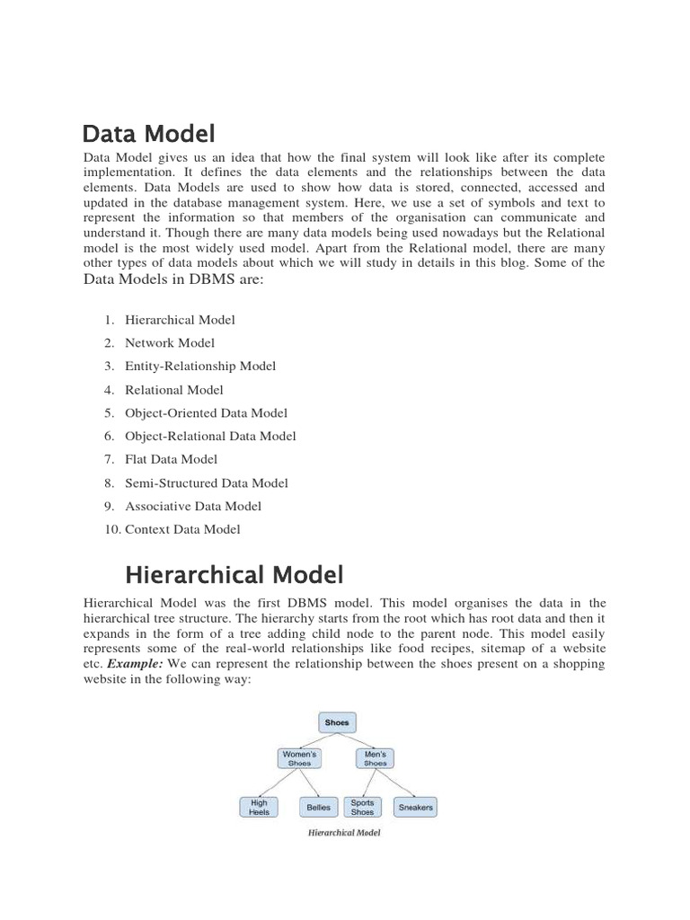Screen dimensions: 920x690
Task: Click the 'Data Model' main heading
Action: (x=148, y=135)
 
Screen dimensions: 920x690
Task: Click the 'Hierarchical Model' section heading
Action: (x=234, y=574)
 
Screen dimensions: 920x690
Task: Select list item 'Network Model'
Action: (x=170, y=342)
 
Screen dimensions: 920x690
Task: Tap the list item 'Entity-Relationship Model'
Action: (x=200, y=366)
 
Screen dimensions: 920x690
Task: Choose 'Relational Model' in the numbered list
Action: (x=174, y=390)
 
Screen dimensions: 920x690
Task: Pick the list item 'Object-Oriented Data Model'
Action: (x=206, y=413)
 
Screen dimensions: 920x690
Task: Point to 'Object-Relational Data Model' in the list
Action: (x=210, y=436)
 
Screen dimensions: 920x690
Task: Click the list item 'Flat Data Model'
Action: (x=171, y=459)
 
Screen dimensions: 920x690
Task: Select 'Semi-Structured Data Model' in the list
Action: (x=207, y=482)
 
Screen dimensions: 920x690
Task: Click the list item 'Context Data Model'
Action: (x=182, y=529)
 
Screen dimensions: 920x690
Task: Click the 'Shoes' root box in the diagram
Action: (x=338, y=721)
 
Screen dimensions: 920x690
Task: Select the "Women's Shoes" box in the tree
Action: (x=298, y=757)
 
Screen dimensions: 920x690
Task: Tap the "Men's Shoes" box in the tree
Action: (x=376, y=757)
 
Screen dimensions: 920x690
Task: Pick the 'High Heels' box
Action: (x=259, y=807)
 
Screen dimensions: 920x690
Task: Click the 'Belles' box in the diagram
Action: (x=318, y=807)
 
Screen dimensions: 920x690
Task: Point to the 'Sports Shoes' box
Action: (x=362, y=807)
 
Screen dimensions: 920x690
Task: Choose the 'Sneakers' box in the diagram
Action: (x=415, y=807)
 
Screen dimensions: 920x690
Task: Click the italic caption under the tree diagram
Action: (x=344, y=833)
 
